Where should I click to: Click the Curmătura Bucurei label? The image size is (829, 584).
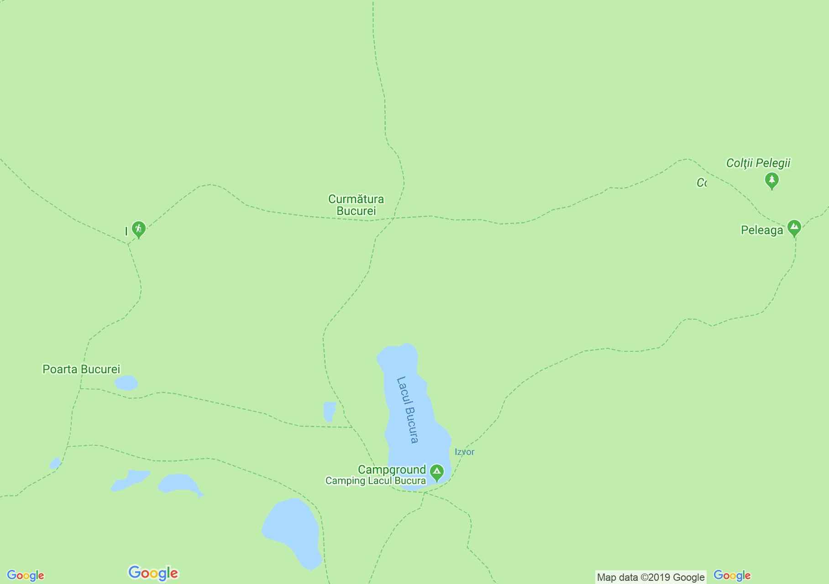click(x=356, y=205)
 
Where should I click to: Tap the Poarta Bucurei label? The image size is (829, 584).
click(x=81, y=369)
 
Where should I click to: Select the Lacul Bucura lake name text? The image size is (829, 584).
click(x=407, y=409)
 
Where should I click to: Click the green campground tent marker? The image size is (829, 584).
click(x=437, y=473)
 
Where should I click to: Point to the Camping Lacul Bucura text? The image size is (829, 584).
click(x=375, y=481)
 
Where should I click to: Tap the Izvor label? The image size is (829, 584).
click(x=464, y=452)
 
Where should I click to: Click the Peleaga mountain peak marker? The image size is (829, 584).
click(x=794, y=228)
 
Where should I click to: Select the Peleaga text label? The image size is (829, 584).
click(x=761, y=230)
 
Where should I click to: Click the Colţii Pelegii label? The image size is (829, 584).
click(x=758, y=163)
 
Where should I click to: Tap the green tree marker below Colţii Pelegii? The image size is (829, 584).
click(x=771, y=180)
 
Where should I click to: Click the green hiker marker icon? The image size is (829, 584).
click(x=138, y=229)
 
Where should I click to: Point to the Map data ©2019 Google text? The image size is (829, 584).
click(x=651, y=577)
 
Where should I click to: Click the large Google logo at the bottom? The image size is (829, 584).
click(x=153, y=573)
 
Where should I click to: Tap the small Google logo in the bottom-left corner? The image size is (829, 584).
click(x=26, y=576)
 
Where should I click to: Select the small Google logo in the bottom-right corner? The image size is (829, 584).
click(x=732, y=576)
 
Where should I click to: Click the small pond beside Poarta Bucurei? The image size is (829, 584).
click(x=126, y=383)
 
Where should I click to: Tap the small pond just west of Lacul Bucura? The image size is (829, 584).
click(x=329, y=411)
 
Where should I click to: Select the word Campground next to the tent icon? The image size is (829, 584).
click(x=392, y=469)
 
